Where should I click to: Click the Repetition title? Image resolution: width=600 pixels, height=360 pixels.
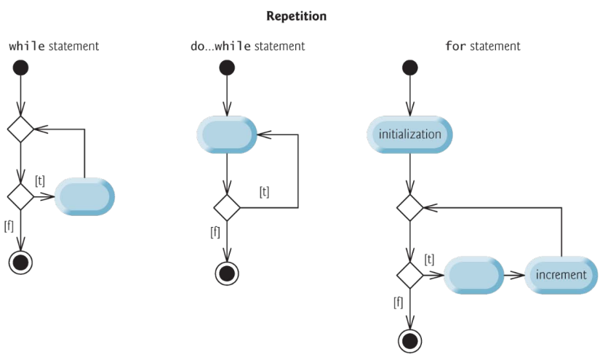297,15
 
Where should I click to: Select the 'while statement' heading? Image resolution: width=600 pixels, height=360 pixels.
53,47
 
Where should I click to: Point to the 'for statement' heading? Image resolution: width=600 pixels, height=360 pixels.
482,47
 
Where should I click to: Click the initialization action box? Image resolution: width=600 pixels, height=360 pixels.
409,135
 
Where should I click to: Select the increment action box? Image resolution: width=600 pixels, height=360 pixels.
561,275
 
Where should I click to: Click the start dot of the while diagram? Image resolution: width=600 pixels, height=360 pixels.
21,68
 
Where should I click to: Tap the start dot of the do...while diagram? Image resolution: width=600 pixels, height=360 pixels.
227,68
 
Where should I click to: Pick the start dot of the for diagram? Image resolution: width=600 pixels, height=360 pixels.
410,68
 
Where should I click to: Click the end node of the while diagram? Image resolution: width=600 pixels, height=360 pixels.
21,263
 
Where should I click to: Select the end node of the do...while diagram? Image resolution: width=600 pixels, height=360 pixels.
227,273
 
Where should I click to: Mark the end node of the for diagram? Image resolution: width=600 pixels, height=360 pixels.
410,340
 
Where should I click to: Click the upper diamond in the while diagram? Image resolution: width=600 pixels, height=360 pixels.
21,129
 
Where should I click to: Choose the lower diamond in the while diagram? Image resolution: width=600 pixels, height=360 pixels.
21,196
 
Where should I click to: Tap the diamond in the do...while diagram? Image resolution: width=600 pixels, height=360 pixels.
227,207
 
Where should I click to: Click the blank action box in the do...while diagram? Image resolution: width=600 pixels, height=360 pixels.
227,135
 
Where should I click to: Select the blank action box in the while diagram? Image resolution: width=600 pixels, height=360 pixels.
84,196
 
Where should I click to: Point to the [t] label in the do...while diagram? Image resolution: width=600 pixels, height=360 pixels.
265,191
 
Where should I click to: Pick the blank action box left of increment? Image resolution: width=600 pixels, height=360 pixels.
473,275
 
